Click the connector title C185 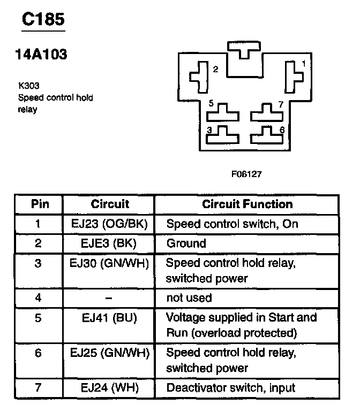(x=43, y=19)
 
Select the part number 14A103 (x=41, y=55)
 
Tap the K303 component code (x=29, y=86)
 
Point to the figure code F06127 (x=246, y=174)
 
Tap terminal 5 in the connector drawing (x=223, y=113)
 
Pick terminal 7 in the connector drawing (x=267, y=113)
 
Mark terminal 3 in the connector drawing (x=223, y=136)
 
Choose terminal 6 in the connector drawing (x=267, y=136)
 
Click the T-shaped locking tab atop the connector (x=244, y=49)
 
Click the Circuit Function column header (x=247, y=204)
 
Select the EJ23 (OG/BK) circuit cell (x=109, y=224)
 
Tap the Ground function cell (x=186, y=243)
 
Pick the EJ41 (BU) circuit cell (x=109, y=318)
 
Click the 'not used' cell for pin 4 (x=189, y=298)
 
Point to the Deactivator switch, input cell (x=231, y=388)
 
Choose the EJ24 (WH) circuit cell (x=109, y=388)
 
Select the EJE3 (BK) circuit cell (x=109, y=243)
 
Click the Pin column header (x=40, y=204)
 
